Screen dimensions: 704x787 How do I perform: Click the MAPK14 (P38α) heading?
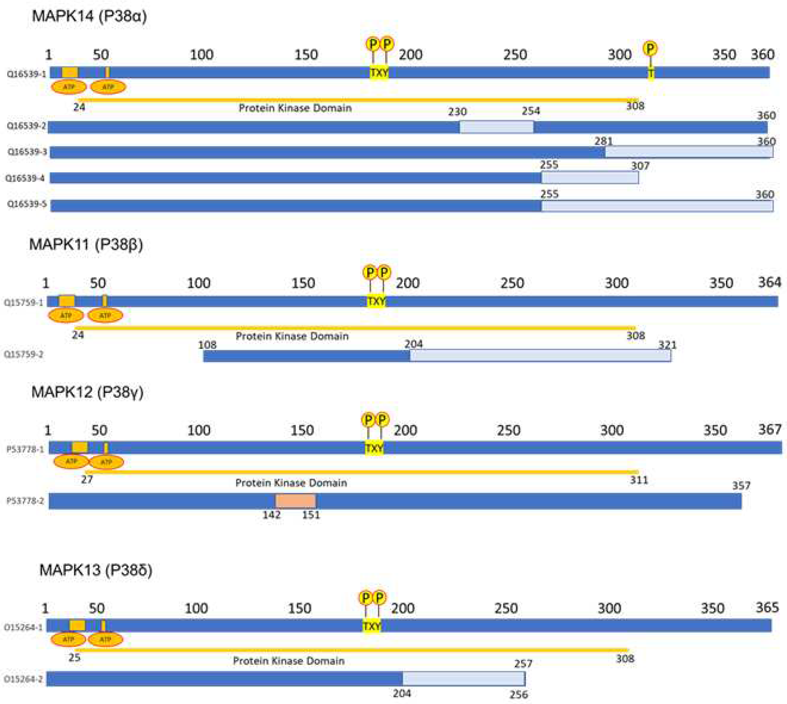coord(89,16)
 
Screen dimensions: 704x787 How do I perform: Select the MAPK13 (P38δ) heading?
coord(96,570)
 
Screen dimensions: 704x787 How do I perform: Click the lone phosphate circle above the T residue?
coord(650,49)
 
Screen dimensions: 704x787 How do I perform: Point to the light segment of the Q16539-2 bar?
coord(497,127)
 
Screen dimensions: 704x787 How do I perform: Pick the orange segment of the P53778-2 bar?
coord(295,501)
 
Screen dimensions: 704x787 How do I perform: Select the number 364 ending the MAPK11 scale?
coord(769,282)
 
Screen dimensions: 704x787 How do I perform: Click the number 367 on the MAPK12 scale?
coord(770,429)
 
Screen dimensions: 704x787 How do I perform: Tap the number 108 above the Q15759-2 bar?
coord(207,345)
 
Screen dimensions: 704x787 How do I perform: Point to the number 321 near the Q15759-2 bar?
coord(668,345)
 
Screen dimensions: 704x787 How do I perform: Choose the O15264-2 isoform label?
coord(23,679)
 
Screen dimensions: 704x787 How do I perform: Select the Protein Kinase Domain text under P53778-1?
coord(291,483)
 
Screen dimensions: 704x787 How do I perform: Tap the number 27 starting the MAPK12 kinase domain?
coord(87,480)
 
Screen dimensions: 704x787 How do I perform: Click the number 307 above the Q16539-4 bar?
coord(640,166)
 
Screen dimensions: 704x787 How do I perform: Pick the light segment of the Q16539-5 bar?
coord(657,206)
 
